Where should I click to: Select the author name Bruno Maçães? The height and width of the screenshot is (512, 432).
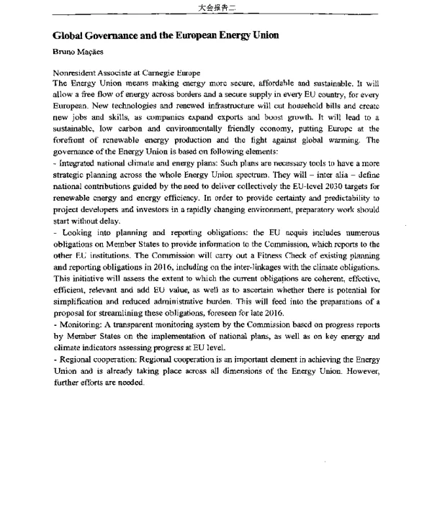pos(78,52)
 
